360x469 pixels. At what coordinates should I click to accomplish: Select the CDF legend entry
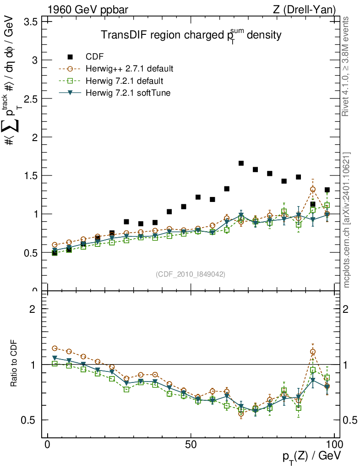(95, 57)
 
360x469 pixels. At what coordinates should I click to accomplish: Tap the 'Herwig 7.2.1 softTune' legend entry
(128, 93)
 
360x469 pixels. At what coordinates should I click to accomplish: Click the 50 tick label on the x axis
(191, 445)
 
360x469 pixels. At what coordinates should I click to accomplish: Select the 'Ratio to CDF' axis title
(14, 364)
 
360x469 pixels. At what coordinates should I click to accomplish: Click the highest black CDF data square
(241, 163)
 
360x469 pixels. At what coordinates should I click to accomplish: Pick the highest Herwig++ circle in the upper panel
(313, 189)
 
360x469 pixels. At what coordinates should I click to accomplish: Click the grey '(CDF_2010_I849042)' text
(191, 274)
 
